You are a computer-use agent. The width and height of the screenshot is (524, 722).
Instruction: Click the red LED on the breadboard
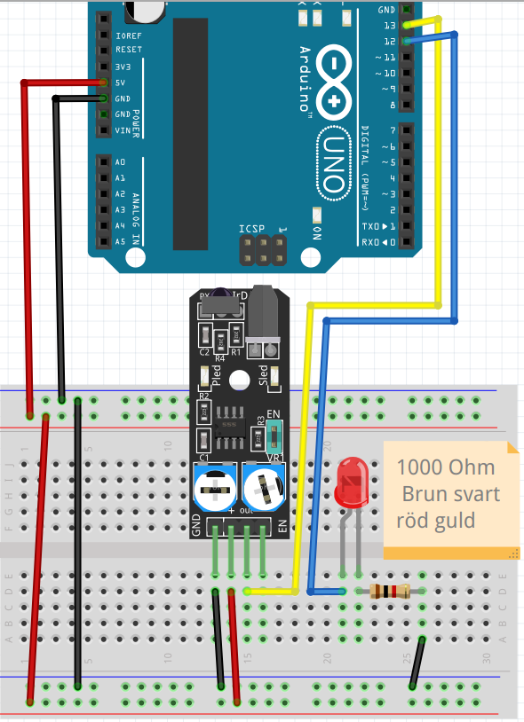coord(351,483)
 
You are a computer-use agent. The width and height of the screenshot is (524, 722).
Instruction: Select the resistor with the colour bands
coord(389,592)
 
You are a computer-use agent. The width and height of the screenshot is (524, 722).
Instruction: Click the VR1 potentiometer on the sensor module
coord(264,487)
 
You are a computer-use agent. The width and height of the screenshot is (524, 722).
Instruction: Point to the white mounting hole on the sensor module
coord(238,381)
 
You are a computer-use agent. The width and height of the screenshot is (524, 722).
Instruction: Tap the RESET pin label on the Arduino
coord(128,50)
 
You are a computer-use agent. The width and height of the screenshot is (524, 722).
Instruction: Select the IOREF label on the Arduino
coord(128,35)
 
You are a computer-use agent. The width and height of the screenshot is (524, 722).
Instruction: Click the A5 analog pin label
coord(120,241)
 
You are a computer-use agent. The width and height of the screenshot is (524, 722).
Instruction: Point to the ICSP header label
coord(251,230)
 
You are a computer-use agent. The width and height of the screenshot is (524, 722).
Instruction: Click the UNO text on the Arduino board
coord(333,163)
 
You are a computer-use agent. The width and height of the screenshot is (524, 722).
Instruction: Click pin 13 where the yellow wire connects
coord(406,25)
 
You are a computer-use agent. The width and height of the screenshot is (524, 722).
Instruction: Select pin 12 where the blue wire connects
coord(406,41)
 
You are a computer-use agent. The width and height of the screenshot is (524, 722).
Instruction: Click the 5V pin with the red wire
coord(105,82)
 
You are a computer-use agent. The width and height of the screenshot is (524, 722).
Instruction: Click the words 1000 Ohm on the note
coord(444,467)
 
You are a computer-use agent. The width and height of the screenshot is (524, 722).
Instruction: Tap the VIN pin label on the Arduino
coord(122,130)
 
